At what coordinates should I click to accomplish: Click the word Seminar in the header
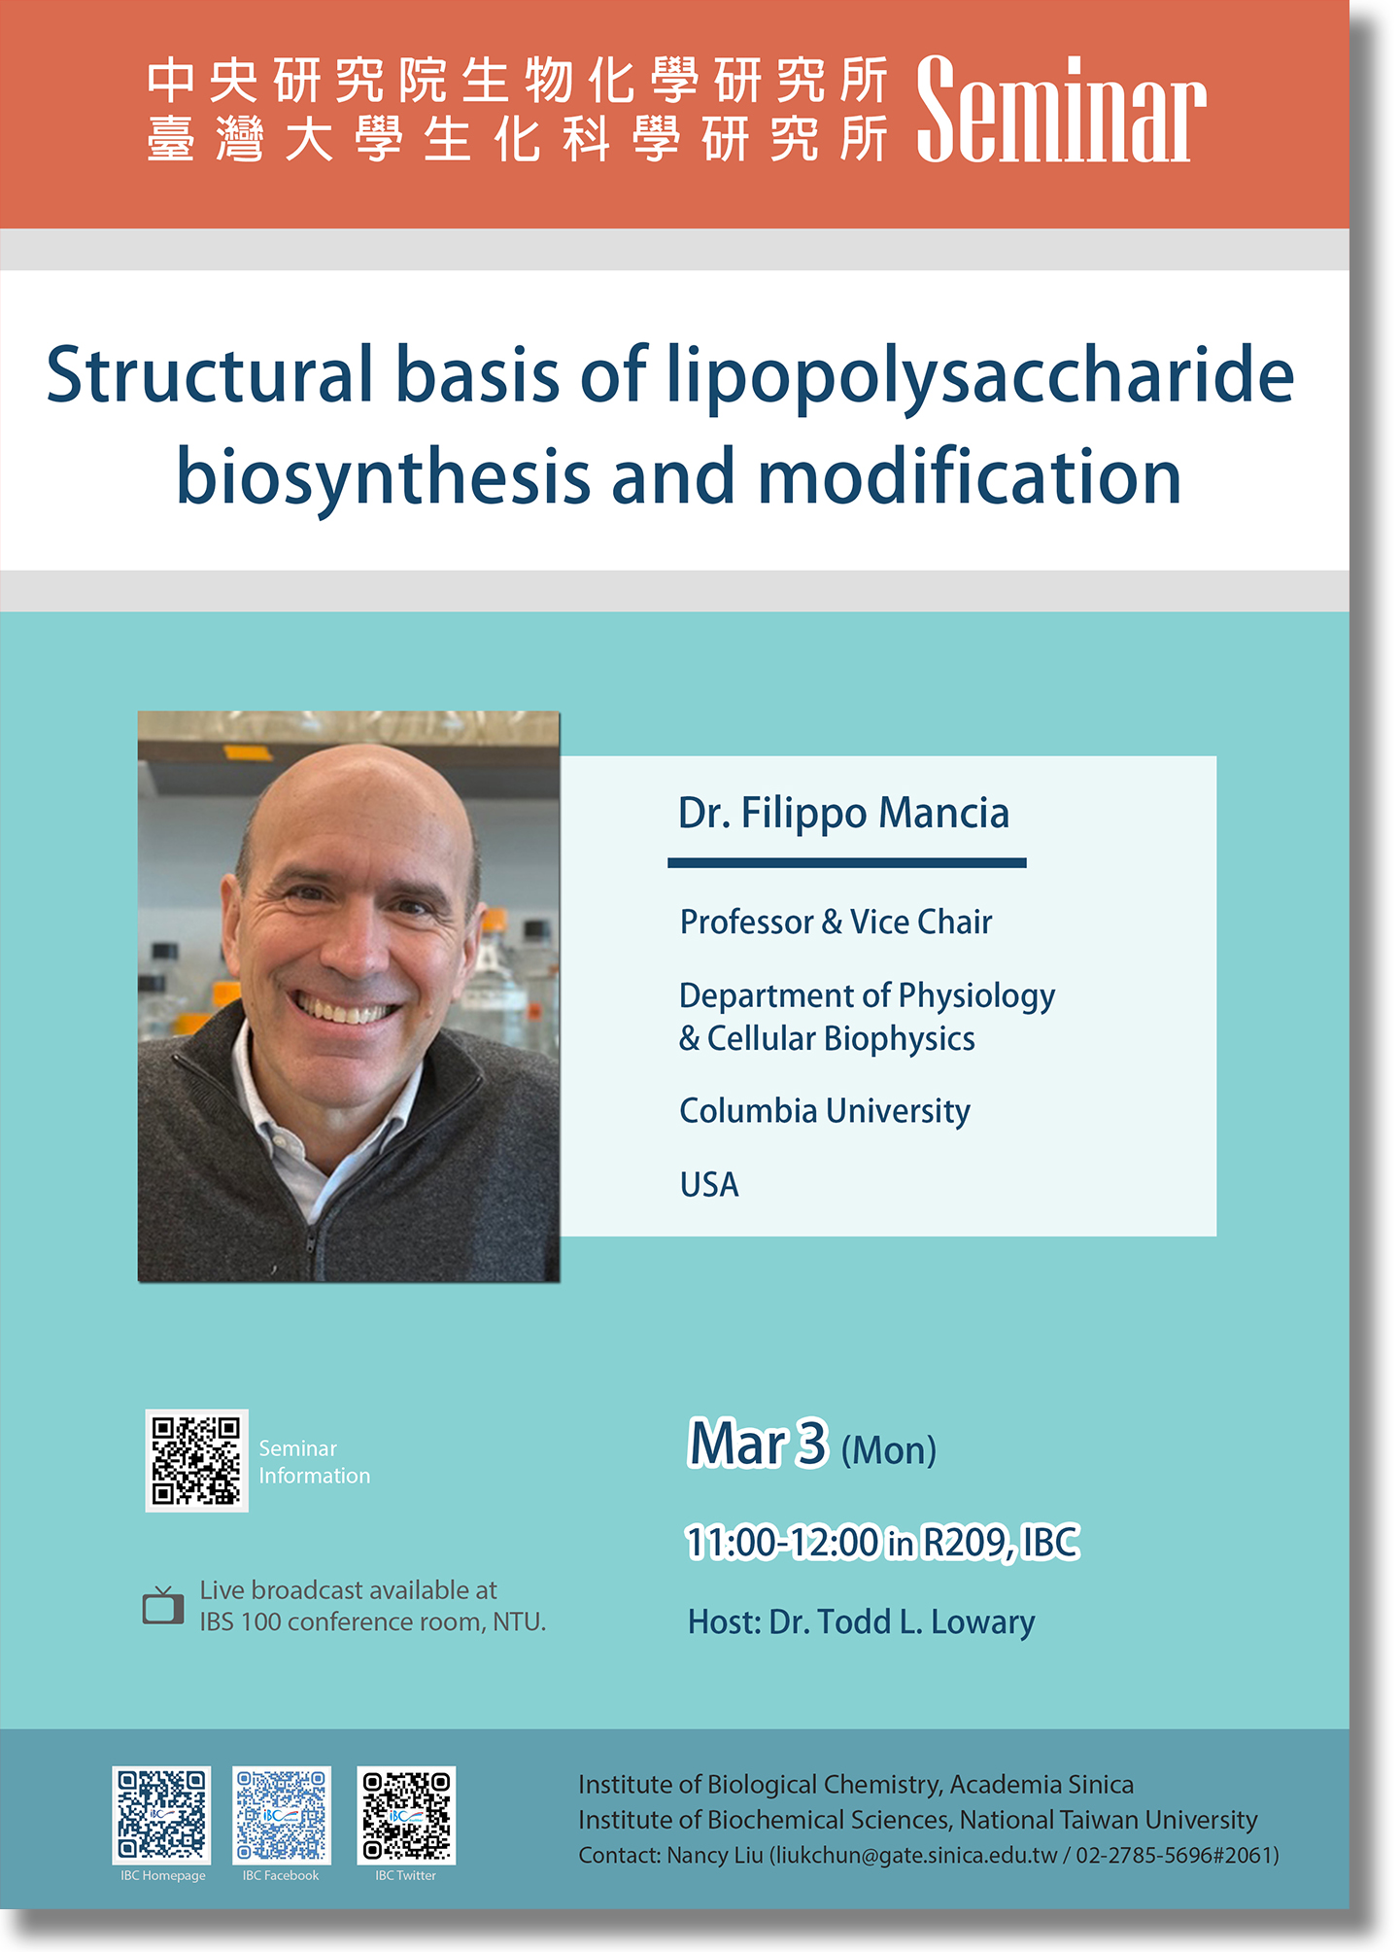[1061, 109]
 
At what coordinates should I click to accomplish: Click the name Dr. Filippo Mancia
[843, 813]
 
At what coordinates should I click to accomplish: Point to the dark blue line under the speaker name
[846, 862]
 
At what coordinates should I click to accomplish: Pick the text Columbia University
[825, 1111]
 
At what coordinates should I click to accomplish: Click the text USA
[709, 1185]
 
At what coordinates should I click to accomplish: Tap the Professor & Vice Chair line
[836, 922]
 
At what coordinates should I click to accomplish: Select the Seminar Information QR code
[196, 1460]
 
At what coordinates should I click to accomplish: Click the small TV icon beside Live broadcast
[163, 1605]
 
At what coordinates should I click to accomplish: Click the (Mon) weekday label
[888, 1450]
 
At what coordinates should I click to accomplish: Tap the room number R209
[968, 1542]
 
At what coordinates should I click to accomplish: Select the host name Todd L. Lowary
[926, 1621]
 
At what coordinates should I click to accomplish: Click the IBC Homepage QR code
[162, 1815]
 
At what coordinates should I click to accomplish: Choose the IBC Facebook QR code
[282, 1815]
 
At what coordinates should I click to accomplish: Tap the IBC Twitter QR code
[406, 1815]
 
